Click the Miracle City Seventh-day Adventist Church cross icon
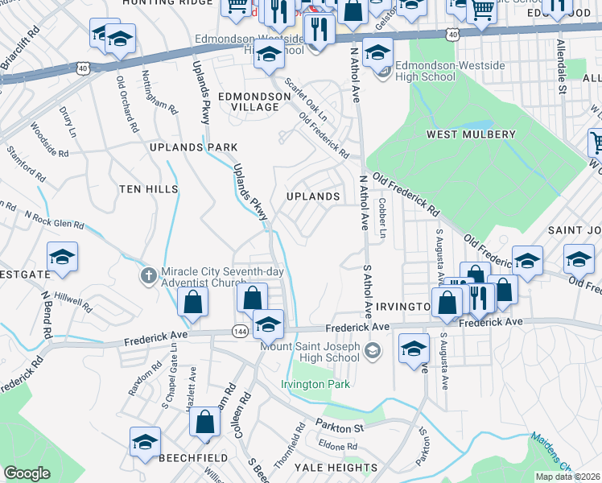[148, 276]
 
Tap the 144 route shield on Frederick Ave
[239, 331]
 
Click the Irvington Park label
[315, 385]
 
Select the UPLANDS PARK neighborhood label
[193, 147]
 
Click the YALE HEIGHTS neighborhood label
[336, 467]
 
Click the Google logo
[27, 473]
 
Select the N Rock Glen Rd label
[54, 220]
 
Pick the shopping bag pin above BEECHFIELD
[205, 422]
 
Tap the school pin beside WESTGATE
[62, 258]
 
